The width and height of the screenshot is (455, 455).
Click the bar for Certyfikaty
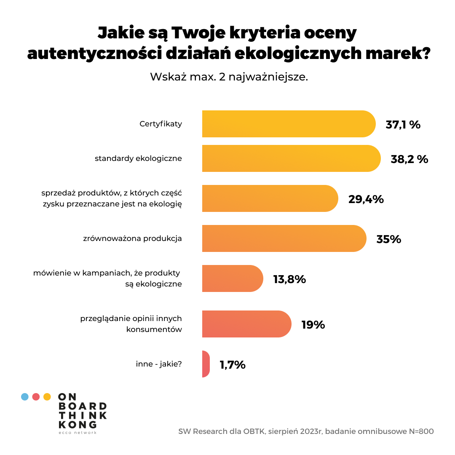pyautogui.click(x=289, y=124)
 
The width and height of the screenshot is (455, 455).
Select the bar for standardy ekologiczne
pyautogui.click(x=291, y=158)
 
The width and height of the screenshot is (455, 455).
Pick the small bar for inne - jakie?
pyautogui.click(x=206, y=364)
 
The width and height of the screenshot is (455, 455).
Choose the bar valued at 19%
pyautogui.click(x=246, y=324)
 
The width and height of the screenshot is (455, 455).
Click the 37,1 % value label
pyautogui.click(x=403, y=125)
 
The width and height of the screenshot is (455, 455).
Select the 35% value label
pyautogui.click(x=389, y=239)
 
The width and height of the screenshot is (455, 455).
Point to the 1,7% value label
pyautogui.click(x=233, y=365)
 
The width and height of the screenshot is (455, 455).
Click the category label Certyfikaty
pyautogui.click(x=161, y=124)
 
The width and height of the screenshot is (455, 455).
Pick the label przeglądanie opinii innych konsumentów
pyautogui.click(x=131, y=324)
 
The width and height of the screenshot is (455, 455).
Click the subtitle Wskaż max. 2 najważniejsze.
pyautogui.click(x=229, y=77)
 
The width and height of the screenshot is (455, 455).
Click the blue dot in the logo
pyautogui.click(x=25, y=396)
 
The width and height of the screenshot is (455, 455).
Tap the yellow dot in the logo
pyautogui.click(x=47, y=396)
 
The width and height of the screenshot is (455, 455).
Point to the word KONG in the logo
pyautogui.click(x=78, y=424)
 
